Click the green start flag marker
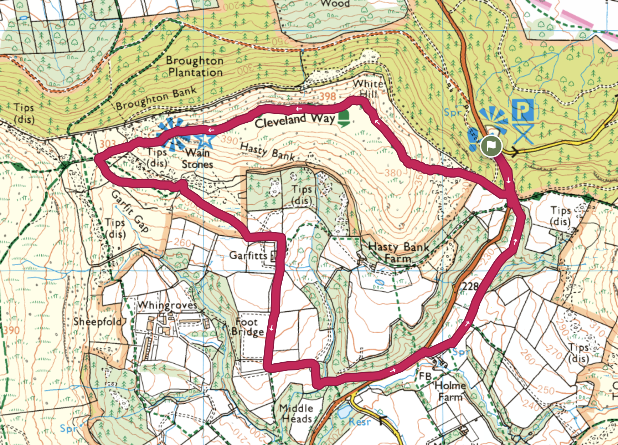coord(491,146)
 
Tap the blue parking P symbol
coord(522,110)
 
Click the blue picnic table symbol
coord(523,134)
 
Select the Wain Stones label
coord(197,159)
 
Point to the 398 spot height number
coord(328,96)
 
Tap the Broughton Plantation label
coord(195,66)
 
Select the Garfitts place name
coord(248,255)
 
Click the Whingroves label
coord(167,305)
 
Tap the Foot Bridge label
coord(247,327)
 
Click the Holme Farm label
coord(450,391)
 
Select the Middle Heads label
coord(296,414)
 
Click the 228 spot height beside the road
coord(470,286)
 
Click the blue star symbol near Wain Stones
coord(205,140)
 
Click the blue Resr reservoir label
coord(360,422)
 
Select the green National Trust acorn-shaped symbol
coord(344,118)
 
